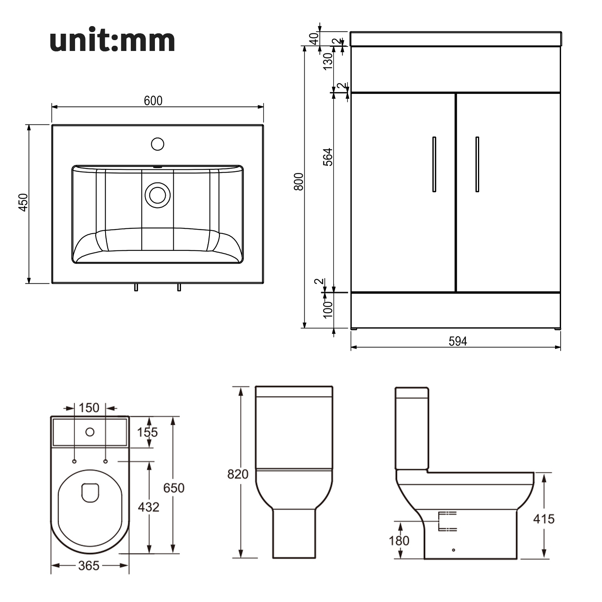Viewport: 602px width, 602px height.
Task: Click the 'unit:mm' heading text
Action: pos(112,41)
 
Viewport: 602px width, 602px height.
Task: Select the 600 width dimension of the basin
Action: pos(153,100)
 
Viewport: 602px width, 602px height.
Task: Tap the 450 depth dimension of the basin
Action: pos(23,202)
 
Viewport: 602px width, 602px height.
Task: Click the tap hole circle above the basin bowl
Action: pos(158,144)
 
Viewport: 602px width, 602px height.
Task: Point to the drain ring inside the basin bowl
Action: pos(158,195)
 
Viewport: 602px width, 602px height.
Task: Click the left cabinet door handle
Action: pos(434,165)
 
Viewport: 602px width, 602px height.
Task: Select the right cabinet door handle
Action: pos(477,165)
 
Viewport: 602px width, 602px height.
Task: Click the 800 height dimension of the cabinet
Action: pos(299,181)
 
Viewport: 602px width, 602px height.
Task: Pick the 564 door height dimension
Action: pos(328,157)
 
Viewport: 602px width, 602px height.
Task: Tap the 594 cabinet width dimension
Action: pos(458,341)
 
